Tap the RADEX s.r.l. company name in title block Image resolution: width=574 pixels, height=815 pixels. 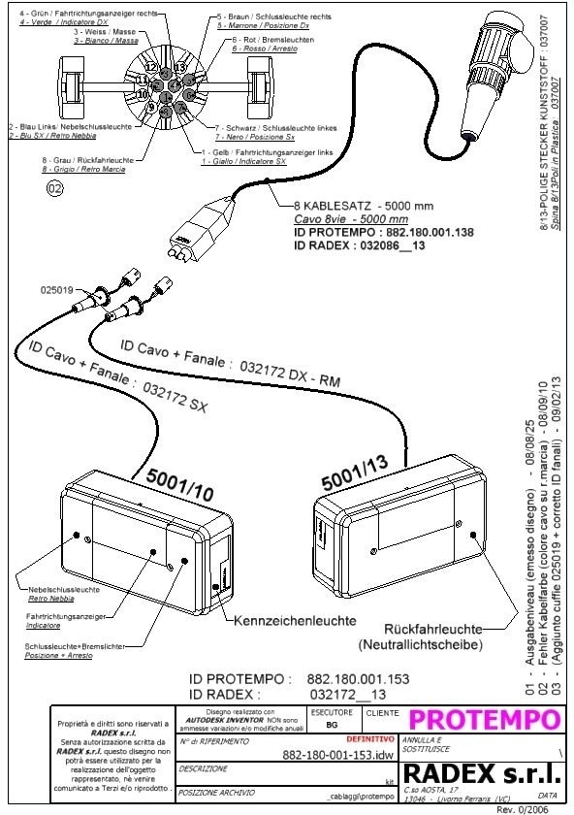click(x=482, y=773)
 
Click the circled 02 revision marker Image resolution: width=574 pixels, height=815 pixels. click(x=54, y=189)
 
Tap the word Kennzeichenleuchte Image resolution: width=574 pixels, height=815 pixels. click(x=280, y=620)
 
